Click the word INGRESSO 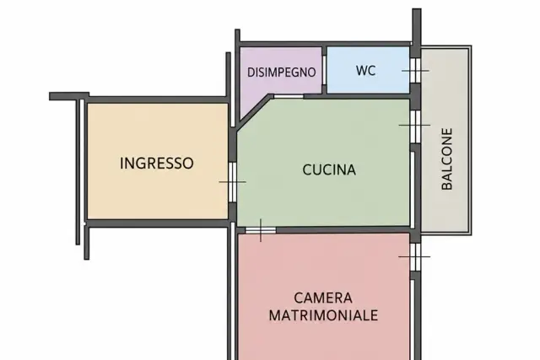point(157,163)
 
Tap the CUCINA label point(329,170)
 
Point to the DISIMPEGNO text point(281,73)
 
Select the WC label point(365,71)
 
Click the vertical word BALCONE point(446,159)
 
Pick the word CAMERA point(323,298)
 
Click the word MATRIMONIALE point(323,315)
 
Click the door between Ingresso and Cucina point(233,182)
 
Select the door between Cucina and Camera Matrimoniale point(261,230)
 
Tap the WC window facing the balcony point(416,71)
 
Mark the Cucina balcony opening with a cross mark point(416,126)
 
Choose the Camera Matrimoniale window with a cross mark point(416,257)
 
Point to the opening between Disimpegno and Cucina point(289,96)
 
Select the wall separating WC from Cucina point(357,96)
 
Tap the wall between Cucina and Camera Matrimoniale point(343,230)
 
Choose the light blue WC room point(368,70)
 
